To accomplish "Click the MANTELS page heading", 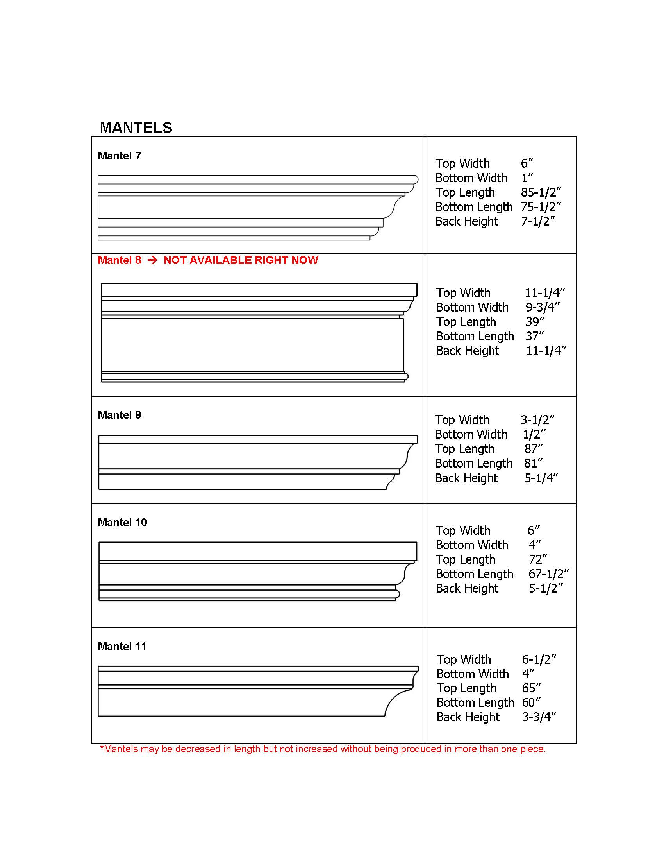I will click(x=136, y=128).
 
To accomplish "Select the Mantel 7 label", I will click(x=119, y=156).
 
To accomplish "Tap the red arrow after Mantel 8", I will click(x=152, y=260).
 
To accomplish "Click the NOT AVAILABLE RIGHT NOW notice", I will click(x=241, y=260).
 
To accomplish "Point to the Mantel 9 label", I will click(x=119, y=415).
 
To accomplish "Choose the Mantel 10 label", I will click(x=122, y=523).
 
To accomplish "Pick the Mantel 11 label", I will click(x=122, y=647).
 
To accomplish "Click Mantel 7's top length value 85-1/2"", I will click(x=541, y=193).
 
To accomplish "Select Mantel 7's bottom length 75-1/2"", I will click(x=541, y=207).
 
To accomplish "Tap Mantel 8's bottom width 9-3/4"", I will click(x=543, y=308).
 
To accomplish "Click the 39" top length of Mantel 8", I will click(x=535, y=322).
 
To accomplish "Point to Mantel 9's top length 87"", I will click(x=534, y=449).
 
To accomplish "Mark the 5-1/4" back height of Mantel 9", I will click(x=541, y=478).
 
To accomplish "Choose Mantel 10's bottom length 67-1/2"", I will click(x=548, y=574).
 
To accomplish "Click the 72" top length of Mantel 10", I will click(x=538, y=559).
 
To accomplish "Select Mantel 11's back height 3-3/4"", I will click(x=539, y=717).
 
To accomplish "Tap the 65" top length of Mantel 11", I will click(x=531, y=688).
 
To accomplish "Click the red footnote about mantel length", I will click(x=323, y=749).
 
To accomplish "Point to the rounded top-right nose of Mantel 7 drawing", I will click(x=416, y=179).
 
